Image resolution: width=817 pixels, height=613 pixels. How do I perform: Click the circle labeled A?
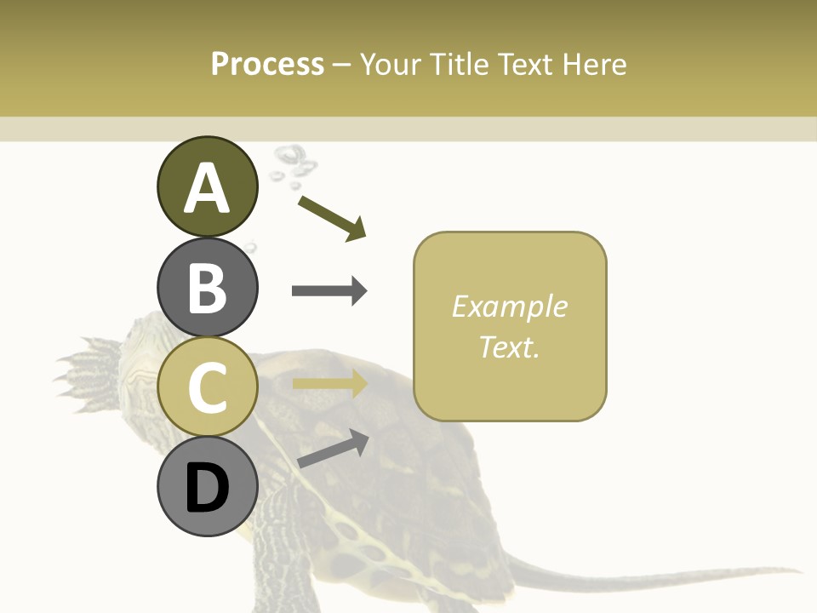click(207, 186)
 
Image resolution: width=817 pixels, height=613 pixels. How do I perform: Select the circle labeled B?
click(207, 287)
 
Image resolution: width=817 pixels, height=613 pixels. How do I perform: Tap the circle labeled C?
click(207, 387)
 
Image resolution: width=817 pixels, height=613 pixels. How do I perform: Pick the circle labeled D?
click(207, 487)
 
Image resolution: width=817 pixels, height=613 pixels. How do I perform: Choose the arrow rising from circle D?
click(333, 448)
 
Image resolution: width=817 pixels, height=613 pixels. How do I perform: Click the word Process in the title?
click(267, 65)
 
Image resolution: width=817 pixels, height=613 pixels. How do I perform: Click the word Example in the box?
click(509, 306)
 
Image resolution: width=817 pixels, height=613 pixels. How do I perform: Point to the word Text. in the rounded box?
click(509, 347)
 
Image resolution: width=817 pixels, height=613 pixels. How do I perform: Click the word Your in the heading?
click(391, 65)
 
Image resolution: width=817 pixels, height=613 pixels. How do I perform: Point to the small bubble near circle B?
click(250, 248)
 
